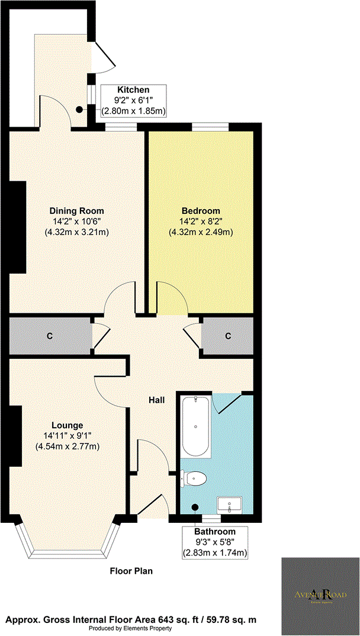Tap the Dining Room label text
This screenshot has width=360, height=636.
click(76, 211)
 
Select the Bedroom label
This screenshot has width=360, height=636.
click(201, 211)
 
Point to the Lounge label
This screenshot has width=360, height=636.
click(67, 425)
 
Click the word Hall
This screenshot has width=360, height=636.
click(156, 400)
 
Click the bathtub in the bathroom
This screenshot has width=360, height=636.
click(196, 425)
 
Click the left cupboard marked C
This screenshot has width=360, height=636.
click(50, 336)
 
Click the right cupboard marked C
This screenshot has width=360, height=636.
click(227, 336)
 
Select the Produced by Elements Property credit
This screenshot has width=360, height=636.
click(131, 628)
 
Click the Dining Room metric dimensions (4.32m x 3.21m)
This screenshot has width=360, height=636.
click(76, 232)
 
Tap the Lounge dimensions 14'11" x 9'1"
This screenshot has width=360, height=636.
click(67, 436)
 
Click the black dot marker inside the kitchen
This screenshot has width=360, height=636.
click(79, 109)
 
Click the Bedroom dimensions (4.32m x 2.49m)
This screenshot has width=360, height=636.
click(201, 232)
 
